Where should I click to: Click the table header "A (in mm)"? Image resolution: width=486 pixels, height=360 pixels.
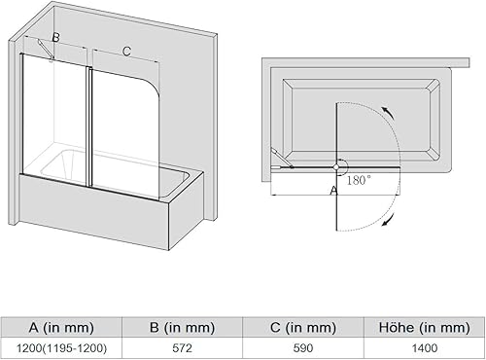(x=61, y=328)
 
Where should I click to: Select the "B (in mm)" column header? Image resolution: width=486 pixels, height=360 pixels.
(x=183, y=328)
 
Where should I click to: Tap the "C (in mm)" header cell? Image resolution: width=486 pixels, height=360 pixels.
(x=303, y=328)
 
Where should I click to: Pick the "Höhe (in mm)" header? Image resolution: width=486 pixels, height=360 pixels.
(x=425, y=327)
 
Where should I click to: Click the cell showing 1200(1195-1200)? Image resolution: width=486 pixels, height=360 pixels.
(x=61, y=348)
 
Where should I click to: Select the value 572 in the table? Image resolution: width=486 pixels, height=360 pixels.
(x=183, y=348)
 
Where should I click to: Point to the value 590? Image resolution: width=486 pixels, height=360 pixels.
(x=303, y=348)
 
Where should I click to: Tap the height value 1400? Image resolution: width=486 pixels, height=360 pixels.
(x=425, y=348)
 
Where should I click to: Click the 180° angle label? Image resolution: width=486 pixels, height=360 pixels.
(x=359, y=180)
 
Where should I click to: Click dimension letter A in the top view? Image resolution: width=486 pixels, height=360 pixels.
(x=333, y=191)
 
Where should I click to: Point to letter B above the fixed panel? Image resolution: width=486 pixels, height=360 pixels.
(x=55, y=38)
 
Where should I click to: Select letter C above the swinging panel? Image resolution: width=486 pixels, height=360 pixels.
(x=126, y=52)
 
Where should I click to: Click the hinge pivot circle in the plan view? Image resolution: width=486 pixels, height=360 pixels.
(x=336, y=166)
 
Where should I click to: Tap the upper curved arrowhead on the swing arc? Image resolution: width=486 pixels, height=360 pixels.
(x=388, y=112)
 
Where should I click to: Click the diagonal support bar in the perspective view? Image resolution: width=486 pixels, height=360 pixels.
(x=46, y=50)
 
